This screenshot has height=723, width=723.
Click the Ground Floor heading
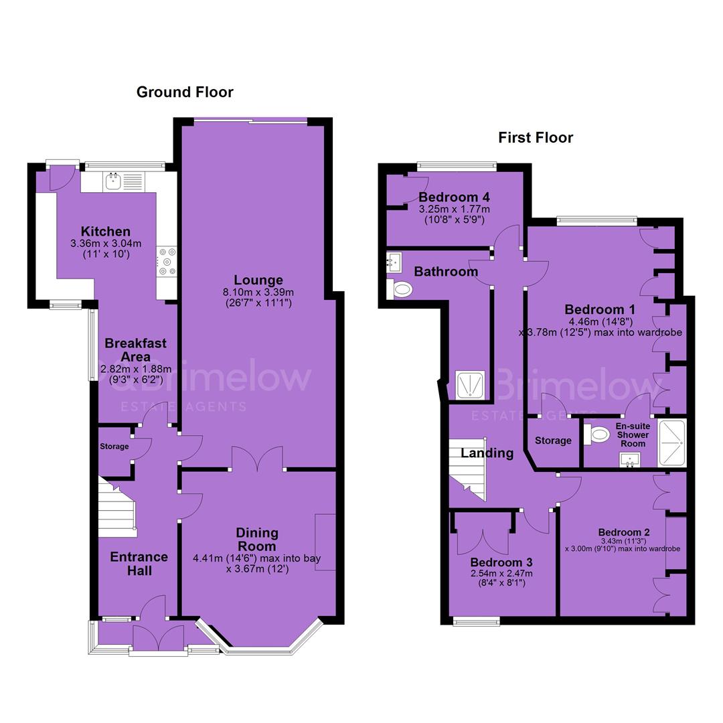[x=185, y=92]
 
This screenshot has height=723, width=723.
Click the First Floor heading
[x=536, y=137]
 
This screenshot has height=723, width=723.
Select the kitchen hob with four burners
[x=167, y=262]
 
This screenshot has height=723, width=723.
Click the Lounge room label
[x=258, y=280]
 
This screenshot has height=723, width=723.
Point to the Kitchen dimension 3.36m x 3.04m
[x=106, y=244]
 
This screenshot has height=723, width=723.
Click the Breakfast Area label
[x=135, y=350]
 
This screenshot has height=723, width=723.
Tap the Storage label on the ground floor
[x=114, y=447]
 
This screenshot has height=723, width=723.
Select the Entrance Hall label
[x=139, y=564]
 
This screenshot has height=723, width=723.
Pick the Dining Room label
[x=257, y=540]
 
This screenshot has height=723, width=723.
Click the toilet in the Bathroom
[x=399, y=290]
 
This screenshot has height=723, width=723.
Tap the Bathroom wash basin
[x=394, y=262]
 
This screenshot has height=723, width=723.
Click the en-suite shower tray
[x=672, y=443]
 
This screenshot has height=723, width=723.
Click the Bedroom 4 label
[x=454, y=197]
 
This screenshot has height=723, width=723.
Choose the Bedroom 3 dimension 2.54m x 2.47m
[x=501, y=574]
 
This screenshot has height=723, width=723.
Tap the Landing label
[x=487, y=453]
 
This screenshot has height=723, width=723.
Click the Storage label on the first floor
[x=553, y=440]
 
